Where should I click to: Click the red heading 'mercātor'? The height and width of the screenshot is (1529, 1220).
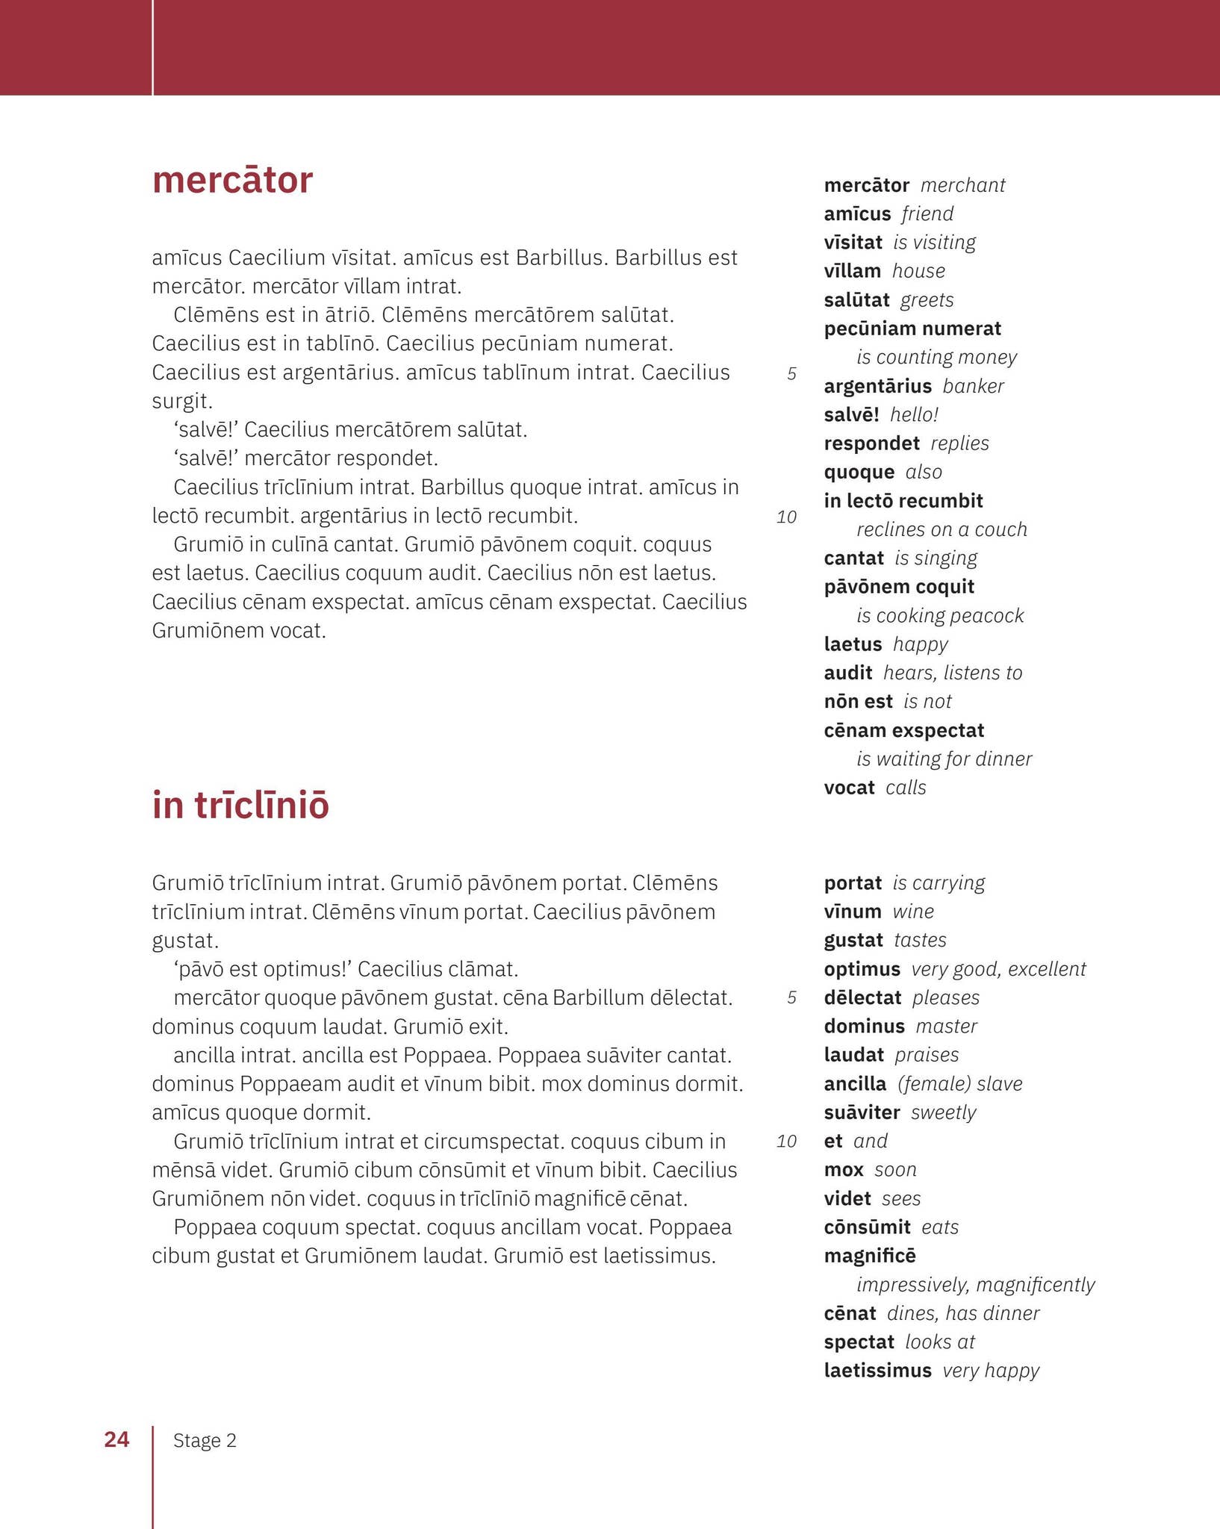click(232, 181)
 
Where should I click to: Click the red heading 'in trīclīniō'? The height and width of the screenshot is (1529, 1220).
click(240, 806)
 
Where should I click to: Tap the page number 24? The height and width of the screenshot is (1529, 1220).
click(116, 1439)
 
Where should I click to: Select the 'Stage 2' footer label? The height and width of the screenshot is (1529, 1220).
click(205, 1441)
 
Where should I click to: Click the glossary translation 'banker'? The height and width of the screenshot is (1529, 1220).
click(973, 386)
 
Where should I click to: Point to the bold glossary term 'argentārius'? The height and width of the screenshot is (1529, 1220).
click(877, 386)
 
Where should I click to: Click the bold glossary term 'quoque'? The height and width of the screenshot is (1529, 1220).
click(859, 472)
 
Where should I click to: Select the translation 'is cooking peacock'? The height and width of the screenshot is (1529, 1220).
click(940, 615)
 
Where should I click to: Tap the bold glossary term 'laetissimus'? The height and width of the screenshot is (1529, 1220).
click(877, 1370)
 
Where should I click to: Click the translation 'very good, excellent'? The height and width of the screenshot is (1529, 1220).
click(998, 969)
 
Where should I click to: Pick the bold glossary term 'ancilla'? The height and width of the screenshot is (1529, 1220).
click(855, 1083)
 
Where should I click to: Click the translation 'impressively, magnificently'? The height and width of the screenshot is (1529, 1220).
click(975, 1284)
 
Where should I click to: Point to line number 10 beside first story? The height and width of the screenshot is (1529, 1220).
click(786, 517)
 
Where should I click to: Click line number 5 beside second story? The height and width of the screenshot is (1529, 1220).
click(791, 997)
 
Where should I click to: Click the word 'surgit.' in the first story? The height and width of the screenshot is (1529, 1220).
click(182, 402)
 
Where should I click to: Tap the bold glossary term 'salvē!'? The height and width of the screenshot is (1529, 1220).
click(851, 414)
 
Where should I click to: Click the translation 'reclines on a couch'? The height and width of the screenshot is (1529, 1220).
click(942, 529)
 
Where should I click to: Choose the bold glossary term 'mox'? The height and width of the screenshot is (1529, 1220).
click(844, 1169)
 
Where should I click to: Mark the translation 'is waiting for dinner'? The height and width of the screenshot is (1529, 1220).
click(944, 759)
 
